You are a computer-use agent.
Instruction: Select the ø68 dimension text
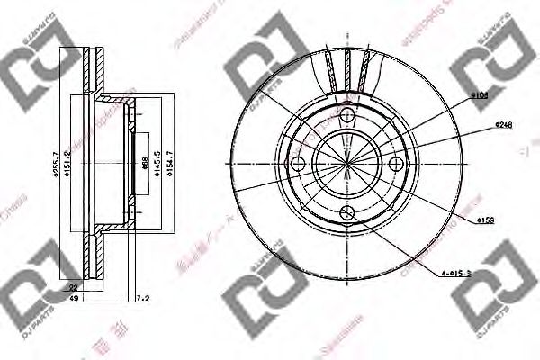coord(146,164)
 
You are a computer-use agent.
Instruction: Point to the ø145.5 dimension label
coord(158,164)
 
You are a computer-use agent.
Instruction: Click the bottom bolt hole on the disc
coord(347,212)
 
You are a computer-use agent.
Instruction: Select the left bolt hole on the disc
coord(298,164)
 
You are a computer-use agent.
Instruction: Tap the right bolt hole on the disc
coord(397,164)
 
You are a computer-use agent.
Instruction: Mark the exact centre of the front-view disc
coord(347,164)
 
